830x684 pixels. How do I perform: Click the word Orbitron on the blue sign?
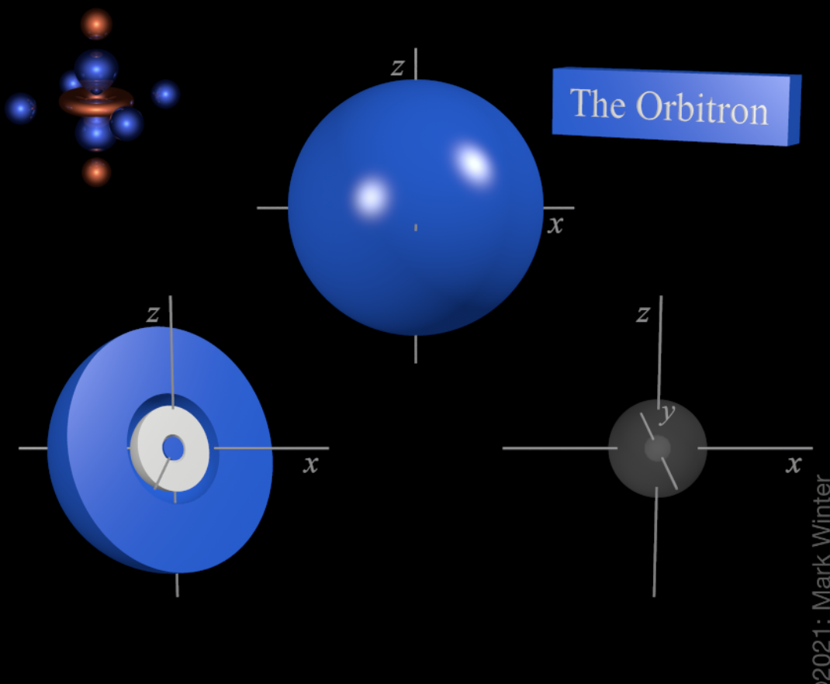[x=702, y=109]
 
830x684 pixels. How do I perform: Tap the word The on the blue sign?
[x=597, y=103]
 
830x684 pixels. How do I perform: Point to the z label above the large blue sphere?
[x=397, y=68]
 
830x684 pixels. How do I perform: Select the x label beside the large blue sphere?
[x=555, y=225]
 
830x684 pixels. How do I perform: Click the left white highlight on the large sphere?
[x=372, y=197]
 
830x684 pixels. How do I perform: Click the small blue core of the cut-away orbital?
[x=173, y=447]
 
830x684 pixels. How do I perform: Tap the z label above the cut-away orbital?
[x=153, y=313]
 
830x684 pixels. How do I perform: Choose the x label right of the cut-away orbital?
[x=310, y=465]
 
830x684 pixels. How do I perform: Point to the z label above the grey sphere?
[x=642, y=314]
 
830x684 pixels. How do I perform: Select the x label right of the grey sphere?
[x=793, y=465]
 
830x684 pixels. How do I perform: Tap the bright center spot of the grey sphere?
[x=657, y=447]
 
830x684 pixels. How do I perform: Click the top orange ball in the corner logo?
[x=96, y=24]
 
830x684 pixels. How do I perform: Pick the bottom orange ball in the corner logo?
[x=96, y=171]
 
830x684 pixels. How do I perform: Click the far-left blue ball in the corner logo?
[x=21, y=108]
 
